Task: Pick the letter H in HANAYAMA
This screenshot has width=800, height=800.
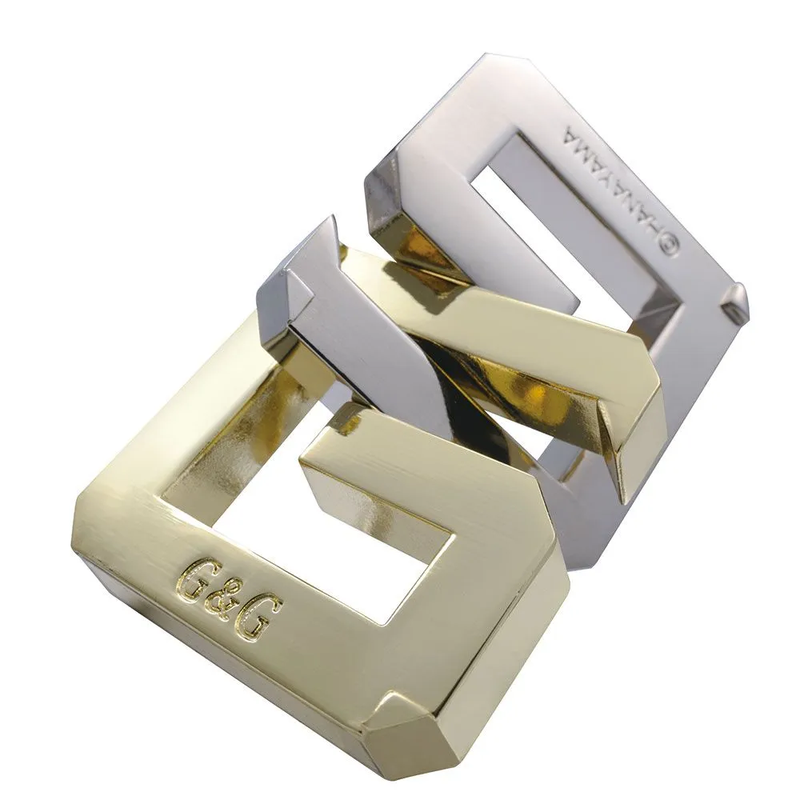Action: point(654,225)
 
